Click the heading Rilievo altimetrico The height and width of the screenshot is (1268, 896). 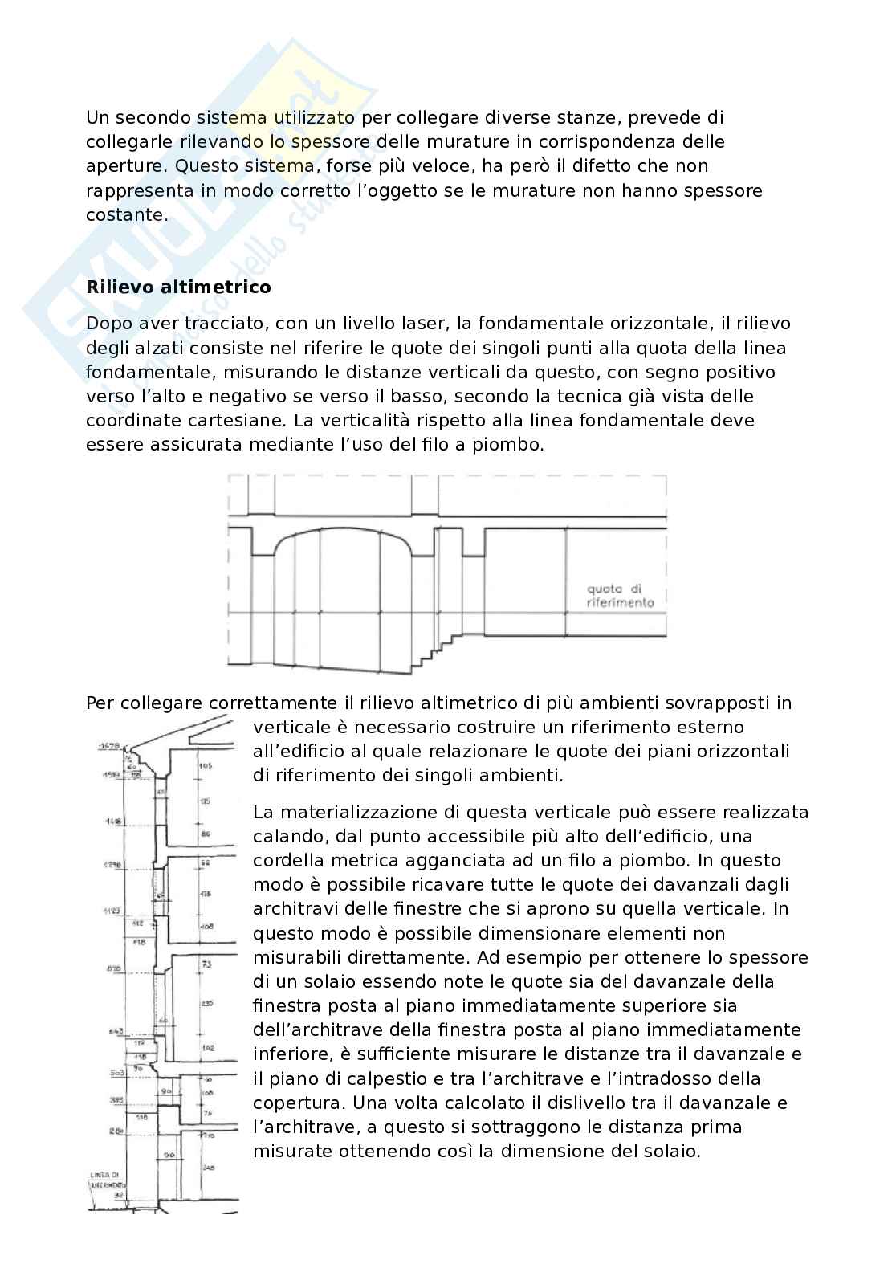click(x=178, y=287)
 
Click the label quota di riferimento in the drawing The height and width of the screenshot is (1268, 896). click(x=620, y=595)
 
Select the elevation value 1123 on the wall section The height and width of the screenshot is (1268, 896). click(x=111, y=911)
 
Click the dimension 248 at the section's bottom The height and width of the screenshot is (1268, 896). click(x=210, y=1167)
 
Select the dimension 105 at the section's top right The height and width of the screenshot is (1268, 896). click(x=206, y=766)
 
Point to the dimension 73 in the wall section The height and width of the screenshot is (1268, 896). click(x=206, y=964)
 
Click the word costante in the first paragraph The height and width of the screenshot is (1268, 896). click(x=126, y=214)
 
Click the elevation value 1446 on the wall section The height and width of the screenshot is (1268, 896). click(x=111, y=822)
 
